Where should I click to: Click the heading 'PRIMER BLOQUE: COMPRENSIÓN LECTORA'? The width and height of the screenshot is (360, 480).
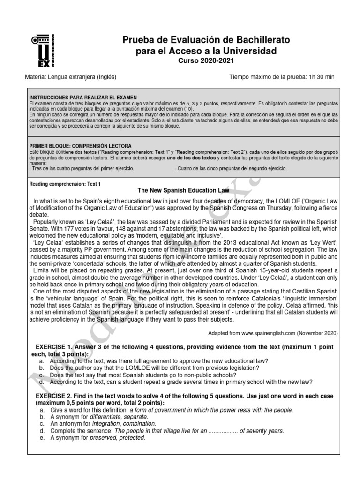80,146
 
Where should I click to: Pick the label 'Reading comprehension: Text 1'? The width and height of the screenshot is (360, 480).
65,184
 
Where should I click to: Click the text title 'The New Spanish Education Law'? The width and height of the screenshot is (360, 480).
183,191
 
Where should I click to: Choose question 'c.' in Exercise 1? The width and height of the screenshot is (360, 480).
43,375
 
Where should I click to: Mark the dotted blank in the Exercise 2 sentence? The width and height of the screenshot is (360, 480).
223,431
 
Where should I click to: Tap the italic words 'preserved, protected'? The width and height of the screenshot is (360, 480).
119,438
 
